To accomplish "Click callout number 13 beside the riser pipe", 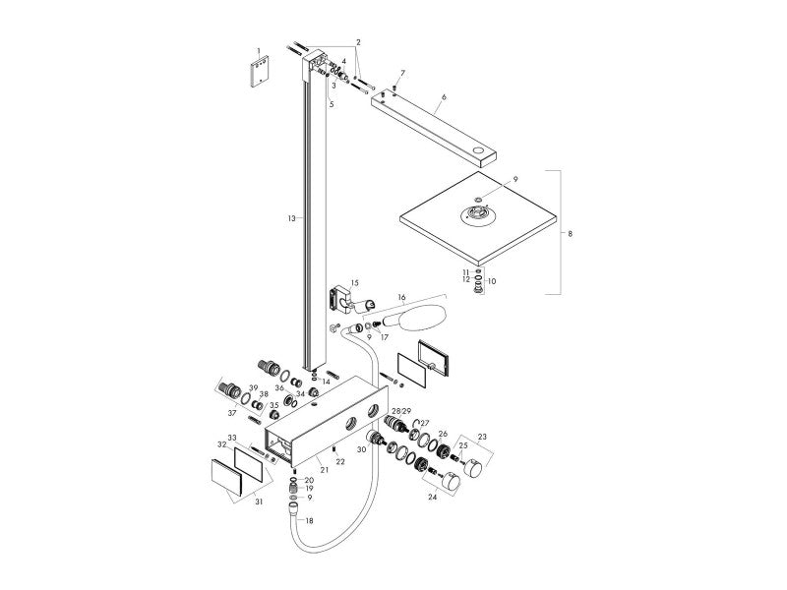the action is click(x=291, y=218).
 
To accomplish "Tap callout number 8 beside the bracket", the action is click(x=570, y=233).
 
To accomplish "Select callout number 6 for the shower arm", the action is click(x=444, y=96).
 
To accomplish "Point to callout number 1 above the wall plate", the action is click(x=259, y=51).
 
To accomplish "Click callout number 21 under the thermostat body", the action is click(x=325, y=470).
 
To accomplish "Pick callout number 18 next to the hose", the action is click(x=309, y=521).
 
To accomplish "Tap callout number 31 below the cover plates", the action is click(x=259, y=501).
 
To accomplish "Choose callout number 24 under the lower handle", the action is click(x=432, y=498).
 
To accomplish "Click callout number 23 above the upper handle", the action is click(x=482, y=437).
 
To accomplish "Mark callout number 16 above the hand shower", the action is click(x=401, y=298).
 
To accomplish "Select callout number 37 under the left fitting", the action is click(x=232, y=413).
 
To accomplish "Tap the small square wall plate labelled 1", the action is click(x=259, y=72).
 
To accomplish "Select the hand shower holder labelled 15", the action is click(x=349, y=299).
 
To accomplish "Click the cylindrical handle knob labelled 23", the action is click(x=472, y=467).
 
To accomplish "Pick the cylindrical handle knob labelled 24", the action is click(x=451, y=482).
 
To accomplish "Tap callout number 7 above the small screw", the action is click(x=402, y=73).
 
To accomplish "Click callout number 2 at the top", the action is click(x=358, y=42).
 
